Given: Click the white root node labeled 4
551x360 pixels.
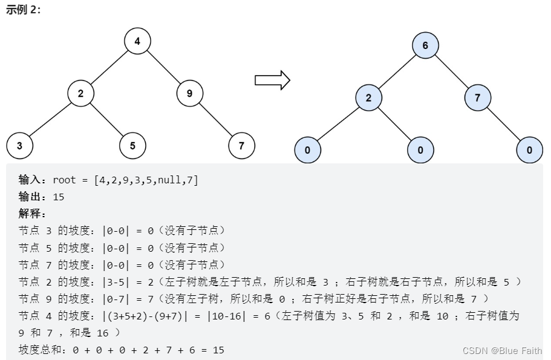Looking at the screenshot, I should (137, 41).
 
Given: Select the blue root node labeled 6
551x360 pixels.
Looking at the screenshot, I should (425, 45).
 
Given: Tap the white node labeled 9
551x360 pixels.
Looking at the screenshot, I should (189, 93).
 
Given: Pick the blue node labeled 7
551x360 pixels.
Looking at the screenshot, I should (478, 97).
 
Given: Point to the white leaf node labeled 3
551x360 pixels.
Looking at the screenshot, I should (19, 145).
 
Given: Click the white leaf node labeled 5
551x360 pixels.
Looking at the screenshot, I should (132, 145).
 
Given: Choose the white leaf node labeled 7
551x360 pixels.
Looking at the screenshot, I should (241, 145).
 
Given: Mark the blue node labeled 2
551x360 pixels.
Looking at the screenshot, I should (368, 97).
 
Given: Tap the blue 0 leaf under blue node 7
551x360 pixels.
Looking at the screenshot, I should (530, 150).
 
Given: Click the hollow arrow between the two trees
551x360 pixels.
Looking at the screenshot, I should (272, 80).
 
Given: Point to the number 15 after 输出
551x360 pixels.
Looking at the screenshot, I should (59, 197).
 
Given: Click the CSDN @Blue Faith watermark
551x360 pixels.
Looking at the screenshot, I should (502, 350).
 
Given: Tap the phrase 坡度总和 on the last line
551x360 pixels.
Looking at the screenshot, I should (41, 350).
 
